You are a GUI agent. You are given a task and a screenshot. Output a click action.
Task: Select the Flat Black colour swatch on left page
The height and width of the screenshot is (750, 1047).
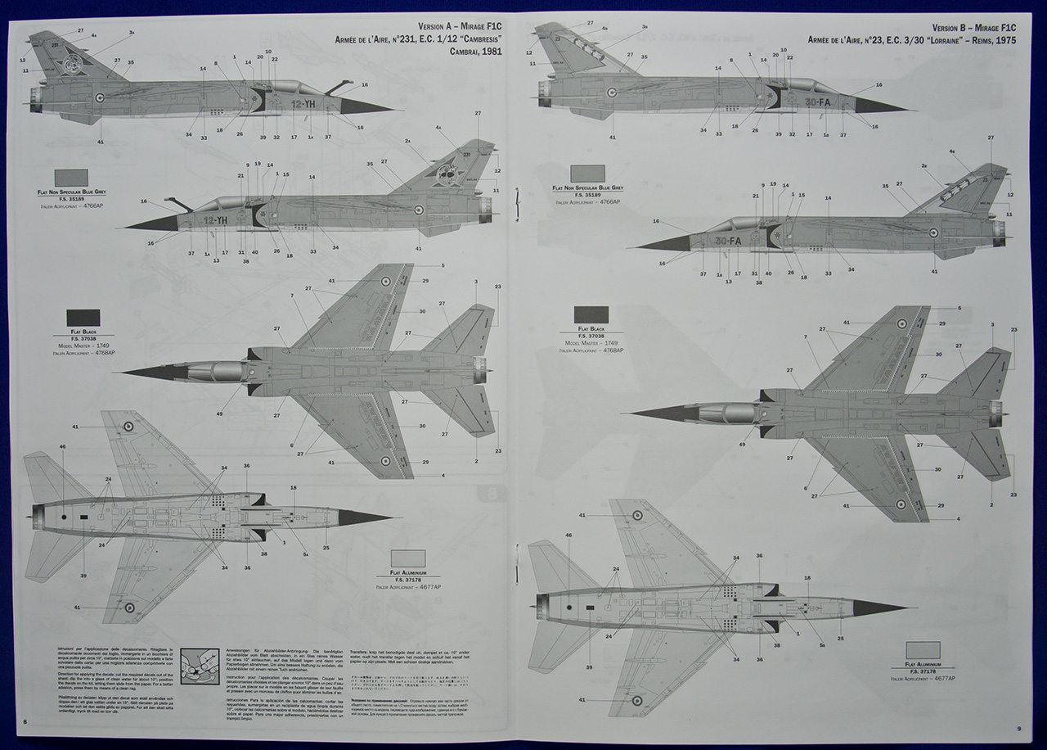pos(83,317)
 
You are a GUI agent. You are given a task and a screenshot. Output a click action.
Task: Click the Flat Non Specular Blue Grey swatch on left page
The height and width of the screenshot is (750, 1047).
pos(71,178)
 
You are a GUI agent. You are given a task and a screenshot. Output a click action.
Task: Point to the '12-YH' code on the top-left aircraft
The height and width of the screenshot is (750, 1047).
pos(303,104)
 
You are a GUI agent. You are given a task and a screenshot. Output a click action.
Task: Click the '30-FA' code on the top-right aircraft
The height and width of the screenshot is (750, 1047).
pos(817,102)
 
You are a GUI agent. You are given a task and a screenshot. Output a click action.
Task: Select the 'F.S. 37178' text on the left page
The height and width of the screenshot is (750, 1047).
pos(408,579)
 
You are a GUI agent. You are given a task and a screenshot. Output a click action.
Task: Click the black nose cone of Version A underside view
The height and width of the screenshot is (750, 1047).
pos(365,517)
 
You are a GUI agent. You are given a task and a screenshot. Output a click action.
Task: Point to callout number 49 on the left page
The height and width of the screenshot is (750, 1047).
pos(220,414)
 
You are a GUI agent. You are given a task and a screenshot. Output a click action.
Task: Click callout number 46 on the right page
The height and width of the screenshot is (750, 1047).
pos(568,535)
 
